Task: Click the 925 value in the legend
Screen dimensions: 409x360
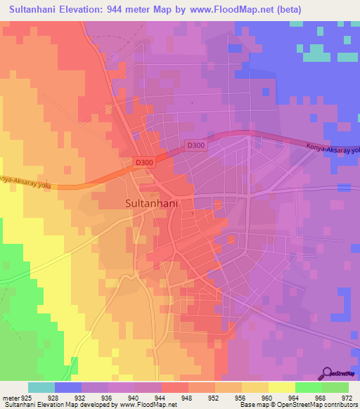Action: click(26, 397)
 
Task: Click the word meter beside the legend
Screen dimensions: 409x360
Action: click(10, 397)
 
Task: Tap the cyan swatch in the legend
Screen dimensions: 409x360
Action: click(41, 387)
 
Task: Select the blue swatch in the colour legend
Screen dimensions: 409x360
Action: click(68, 387)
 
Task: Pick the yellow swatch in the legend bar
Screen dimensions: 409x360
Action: click(282, 387)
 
